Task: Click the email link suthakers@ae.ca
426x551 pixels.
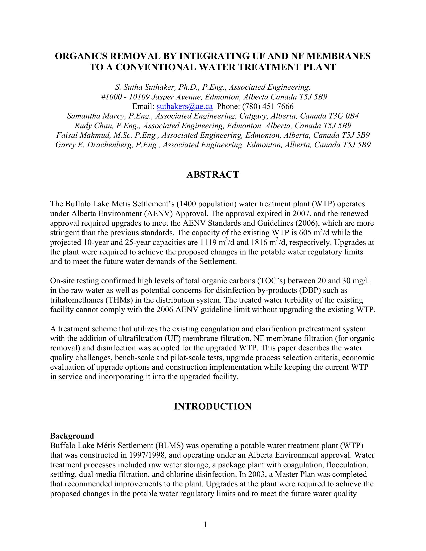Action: pos(184,106)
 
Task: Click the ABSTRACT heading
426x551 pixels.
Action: pos(213,175)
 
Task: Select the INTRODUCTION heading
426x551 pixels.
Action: pos(213,406)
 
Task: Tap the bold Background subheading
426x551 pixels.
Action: pos(72,436)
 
